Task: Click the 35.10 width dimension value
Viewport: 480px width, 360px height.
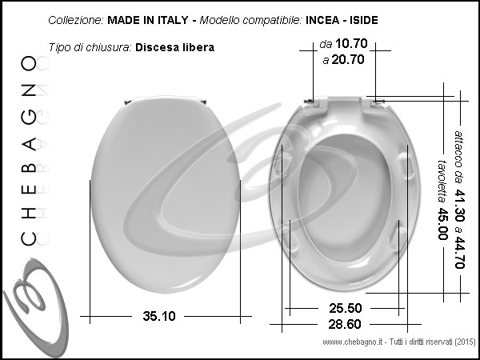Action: (159, 316)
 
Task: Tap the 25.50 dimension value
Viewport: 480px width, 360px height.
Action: (346, 308)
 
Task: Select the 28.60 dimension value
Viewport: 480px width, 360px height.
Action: (345, 324)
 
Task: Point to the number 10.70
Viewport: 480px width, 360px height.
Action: (351, 43)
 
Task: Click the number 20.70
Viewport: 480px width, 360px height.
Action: (348, 59)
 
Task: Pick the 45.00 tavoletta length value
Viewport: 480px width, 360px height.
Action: (442, 224)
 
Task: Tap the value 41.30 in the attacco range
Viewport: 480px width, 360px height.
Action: (459, 206)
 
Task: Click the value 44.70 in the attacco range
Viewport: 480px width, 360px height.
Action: (459, 252)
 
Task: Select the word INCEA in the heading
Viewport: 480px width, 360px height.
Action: (322, 20)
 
